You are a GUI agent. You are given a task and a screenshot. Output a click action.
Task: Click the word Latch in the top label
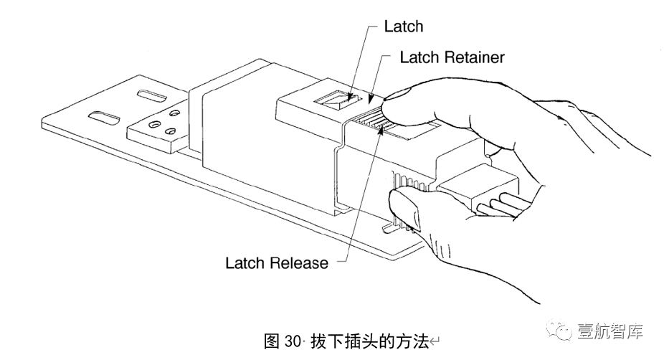point(403,27)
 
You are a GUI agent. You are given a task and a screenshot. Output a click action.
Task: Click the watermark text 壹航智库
point(609,331)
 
